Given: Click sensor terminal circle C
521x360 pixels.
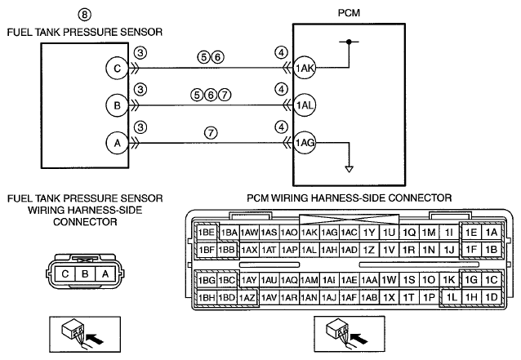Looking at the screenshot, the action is click(117, 68).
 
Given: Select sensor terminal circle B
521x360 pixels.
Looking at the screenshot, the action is click(117, 105).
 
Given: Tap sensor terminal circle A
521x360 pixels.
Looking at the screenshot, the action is click(117, 143).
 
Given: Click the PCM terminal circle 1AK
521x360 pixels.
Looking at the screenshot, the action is click(305, 68).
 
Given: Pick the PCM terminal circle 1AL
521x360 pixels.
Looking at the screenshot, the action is click(305, 105).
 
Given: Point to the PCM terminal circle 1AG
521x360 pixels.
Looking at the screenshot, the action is click(305, 143).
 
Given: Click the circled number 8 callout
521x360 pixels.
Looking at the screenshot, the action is click(84, 15).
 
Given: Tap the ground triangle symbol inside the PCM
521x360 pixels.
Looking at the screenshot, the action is click(349, 169).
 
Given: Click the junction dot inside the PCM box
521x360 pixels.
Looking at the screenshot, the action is click(349, 42).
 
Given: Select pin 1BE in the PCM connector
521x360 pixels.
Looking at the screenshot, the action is click(207, 232).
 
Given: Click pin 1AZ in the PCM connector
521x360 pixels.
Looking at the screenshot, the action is click(247, 298).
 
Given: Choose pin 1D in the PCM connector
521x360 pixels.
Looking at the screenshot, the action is click(491, 297).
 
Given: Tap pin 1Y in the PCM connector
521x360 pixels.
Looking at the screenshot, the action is click(368, 233).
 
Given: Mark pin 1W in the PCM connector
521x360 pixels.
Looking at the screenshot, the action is click(389, 280).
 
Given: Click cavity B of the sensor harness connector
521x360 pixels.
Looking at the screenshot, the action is click(85, 274).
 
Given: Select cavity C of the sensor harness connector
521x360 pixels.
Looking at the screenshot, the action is click(65, 274).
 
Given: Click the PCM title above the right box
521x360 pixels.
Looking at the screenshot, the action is click(349, 13).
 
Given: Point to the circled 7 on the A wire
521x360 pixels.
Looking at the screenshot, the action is click(211, 132).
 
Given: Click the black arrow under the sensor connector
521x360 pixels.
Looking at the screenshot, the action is click(95, 339).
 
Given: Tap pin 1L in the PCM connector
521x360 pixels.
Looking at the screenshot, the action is click(451, 297).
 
